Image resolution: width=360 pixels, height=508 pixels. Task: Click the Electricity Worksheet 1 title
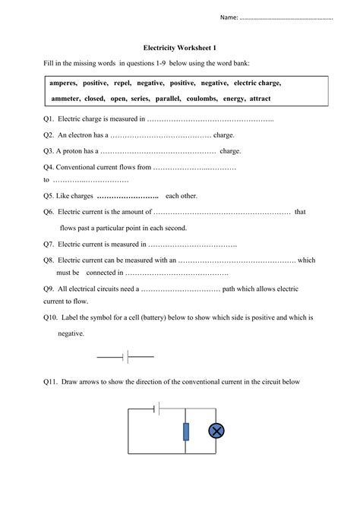tap(179, 47)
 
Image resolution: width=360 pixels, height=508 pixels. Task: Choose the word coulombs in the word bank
tap(215, 99)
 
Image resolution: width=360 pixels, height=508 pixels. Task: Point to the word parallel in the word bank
tap(174, 99)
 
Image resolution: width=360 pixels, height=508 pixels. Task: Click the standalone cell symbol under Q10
tap(126, 355)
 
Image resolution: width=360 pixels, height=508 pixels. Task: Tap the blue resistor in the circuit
tap(186, 432)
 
